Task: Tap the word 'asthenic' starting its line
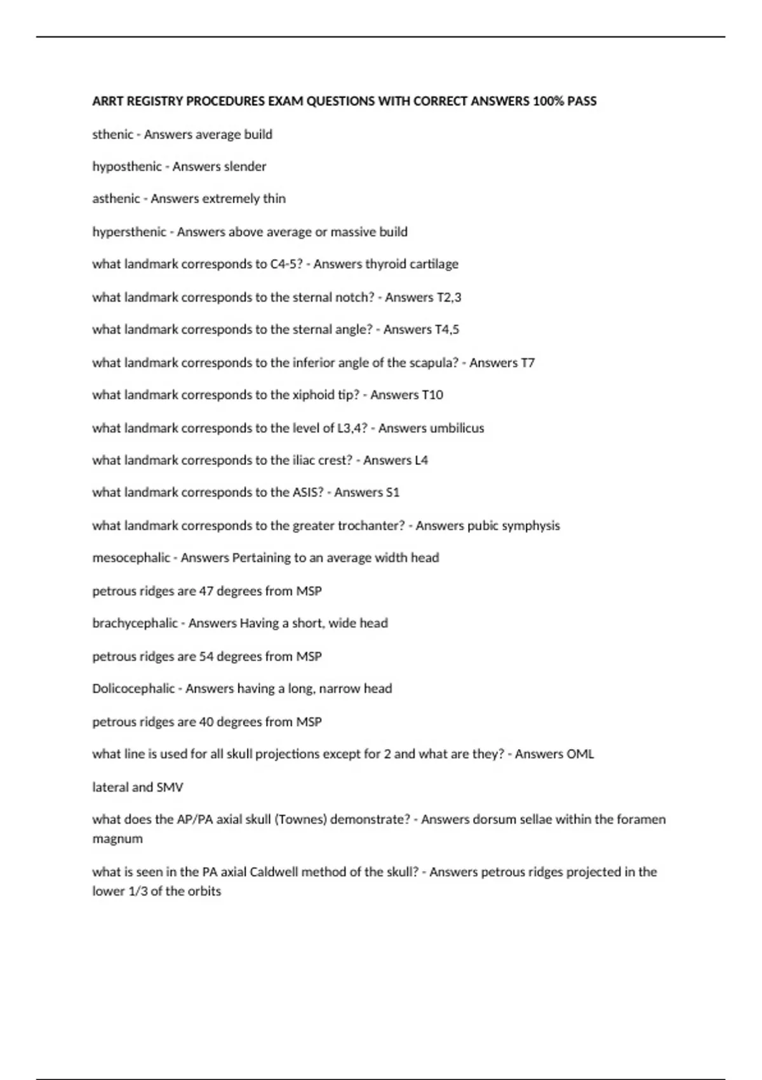tap(116, 199)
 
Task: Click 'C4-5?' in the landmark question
tap(286, 264)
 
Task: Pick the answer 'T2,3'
tap(449, 297)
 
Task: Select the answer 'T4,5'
tap(447, 330)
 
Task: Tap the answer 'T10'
tap(432, 395)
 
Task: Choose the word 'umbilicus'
tap(457, 428)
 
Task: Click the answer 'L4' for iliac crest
tap(421, 461)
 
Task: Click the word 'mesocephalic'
tap(131, 558)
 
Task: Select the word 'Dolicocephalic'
tap(133, 689)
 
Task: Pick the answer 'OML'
tap(580, 754)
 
